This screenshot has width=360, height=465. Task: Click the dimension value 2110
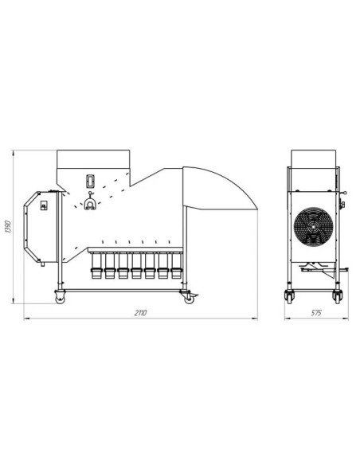pos(140,313)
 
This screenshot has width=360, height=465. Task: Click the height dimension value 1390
pos(9,227)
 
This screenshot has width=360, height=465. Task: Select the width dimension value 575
pos(316,313)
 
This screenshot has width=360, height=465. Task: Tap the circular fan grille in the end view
pos(313,227)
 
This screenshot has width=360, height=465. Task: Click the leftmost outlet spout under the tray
pos(96,266)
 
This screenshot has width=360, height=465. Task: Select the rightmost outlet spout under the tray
pos(176,266)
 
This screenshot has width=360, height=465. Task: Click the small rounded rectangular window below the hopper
pos(90,181)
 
